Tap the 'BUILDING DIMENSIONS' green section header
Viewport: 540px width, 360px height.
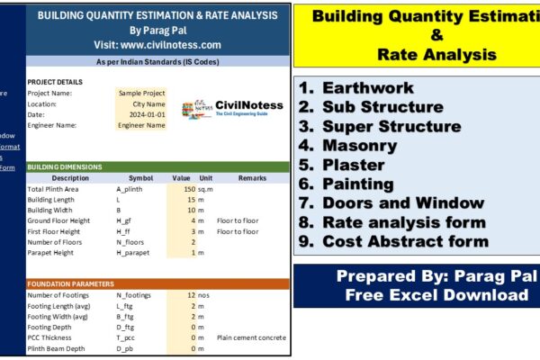coord(65,166)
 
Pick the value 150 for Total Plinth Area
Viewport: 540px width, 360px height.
coord(188,190)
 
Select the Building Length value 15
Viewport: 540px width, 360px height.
coord(190,200)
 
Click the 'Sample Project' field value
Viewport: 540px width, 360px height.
coord(140,93)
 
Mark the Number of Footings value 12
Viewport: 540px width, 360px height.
coord(190,295)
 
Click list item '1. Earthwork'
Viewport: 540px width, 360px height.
coord(355,88)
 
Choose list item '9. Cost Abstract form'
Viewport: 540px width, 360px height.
coord(393,241)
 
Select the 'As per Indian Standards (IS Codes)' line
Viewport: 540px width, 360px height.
coord(157,61)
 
